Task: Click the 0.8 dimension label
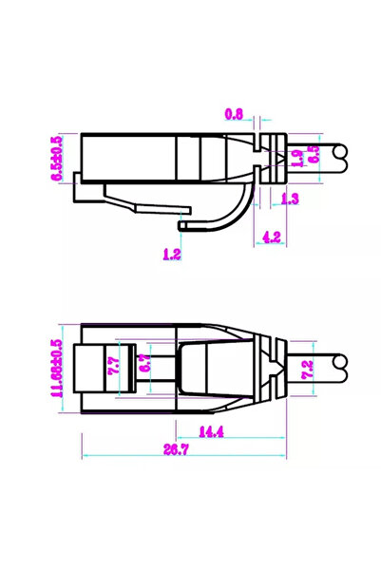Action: point(234,115)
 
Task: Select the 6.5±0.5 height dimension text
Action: point(57,159)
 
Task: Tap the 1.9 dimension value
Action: point(298,159)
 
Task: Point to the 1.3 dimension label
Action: point(291,198)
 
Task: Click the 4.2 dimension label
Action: point(271,238)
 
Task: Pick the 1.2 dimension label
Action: point(172,254)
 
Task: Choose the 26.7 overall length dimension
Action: point(173,449)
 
